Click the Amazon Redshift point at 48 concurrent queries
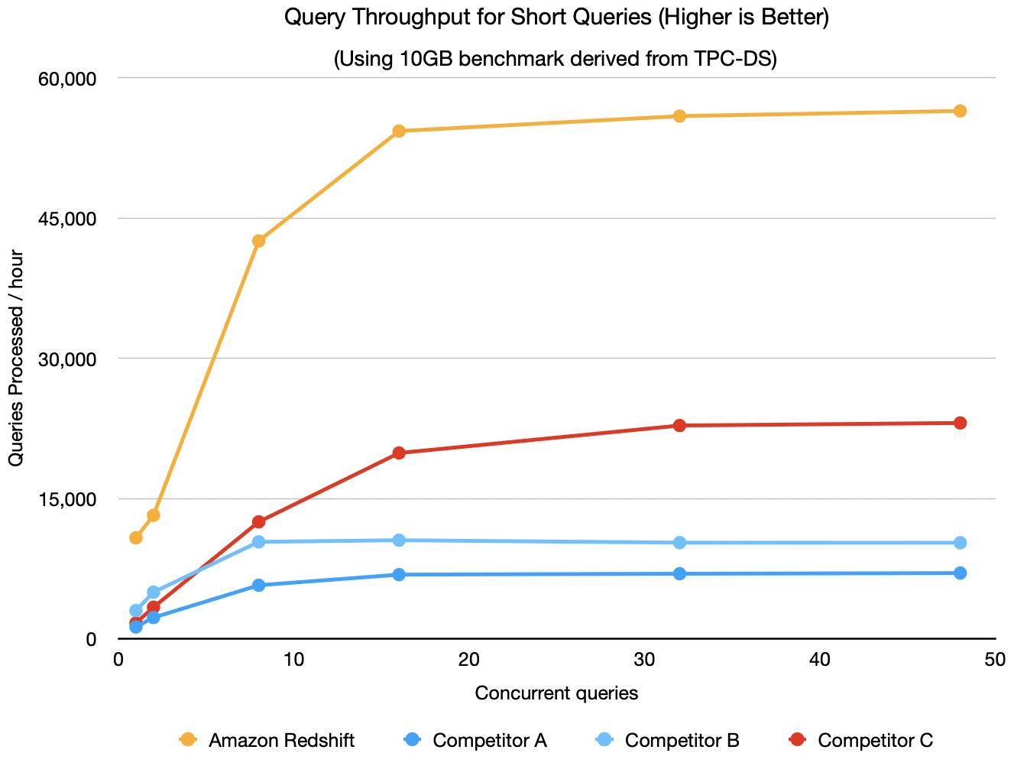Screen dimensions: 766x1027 (x=960, y=111)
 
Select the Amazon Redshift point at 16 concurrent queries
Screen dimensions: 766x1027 (x=399, y=131)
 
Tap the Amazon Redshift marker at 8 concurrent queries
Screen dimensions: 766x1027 (x=258, y=241)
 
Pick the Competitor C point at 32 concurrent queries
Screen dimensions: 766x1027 (x=679, y=425)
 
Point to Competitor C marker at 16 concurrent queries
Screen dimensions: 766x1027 (x=399, y=453)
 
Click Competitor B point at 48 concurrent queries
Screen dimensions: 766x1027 (x=960, y=543)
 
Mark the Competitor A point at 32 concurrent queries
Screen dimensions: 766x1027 (x=679, y=573)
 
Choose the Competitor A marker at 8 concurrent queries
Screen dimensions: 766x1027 (x=258, y=585)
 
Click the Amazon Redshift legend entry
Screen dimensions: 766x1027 (x=267, y=740)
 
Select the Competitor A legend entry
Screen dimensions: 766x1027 (x=475, y=740)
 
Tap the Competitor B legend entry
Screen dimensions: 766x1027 (x=667, y=740)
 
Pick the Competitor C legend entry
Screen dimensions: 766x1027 (x=860, y=740)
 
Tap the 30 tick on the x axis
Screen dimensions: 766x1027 (x=644, y=660)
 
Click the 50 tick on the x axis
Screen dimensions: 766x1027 (x=995, y=660)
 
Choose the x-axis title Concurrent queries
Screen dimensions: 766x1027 (x=556, y=693)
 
